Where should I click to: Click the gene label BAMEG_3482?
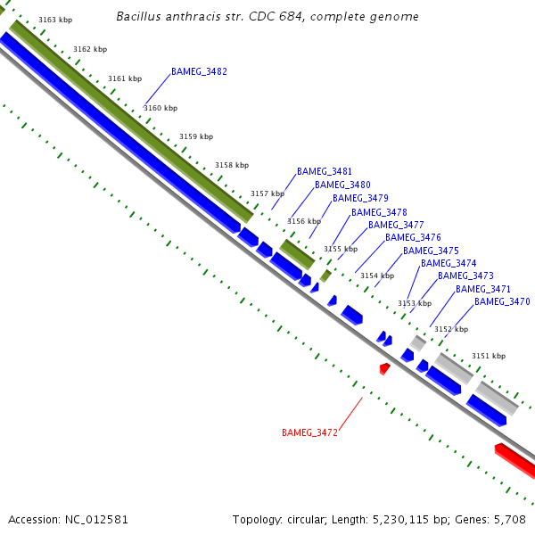point(199,71)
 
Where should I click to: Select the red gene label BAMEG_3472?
point(309,433)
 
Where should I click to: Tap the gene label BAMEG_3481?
point(325,171)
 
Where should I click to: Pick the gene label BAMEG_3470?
point(502,302)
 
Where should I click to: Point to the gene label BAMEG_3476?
point(413,238)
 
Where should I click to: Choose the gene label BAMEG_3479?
point(360,198)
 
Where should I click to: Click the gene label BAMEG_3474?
point(449,264)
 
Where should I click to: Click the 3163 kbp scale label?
point(55,20)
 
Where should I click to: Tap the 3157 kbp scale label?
point(267,193)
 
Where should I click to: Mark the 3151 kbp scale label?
point(488,356)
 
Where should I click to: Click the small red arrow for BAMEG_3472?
point(384,367)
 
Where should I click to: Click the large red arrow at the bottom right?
point(515,457)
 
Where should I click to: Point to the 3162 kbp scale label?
point(90,49)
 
